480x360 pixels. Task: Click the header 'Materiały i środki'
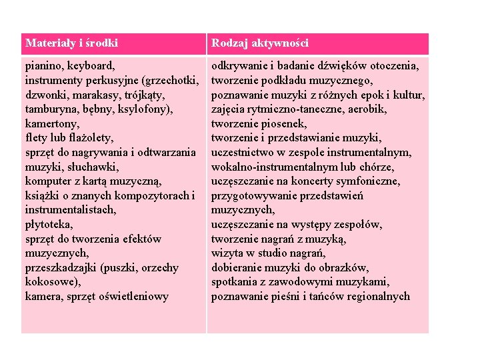point(71,43)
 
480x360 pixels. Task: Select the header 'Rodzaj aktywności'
point(260,43)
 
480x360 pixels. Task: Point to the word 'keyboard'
point(91,66)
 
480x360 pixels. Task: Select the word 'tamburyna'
point(51,109)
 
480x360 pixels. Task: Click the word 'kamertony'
point(52,124)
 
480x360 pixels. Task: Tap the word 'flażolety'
point(87,138)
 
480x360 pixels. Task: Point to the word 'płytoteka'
point(49,225)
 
